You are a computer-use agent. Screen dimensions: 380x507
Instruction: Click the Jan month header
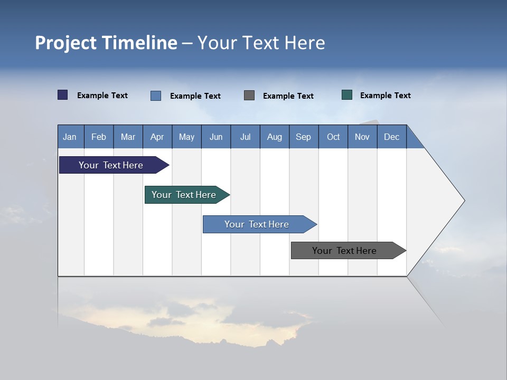pyautogui.click(x=70, y=137)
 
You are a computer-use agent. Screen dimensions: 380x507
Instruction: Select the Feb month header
pyautogui.click(x=99, y=137)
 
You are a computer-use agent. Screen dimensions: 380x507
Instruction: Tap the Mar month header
pyautogui.click(x=128, y=137)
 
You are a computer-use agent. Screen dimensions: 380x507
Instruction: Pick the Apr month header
pyautogui.click(x=157, y=137)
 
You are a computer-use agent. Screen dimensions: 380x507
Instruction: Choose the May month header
pyautogui.click(x=186, y=137)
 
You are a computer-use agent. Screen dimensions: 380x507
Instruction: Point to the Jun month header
pyautogui.click(x=216, y=137)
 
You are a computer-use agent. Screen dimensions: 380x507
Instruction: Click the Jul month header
pyautogui.click(x=246, y=137)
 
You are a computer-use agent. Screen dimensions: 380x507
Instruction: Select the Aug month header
pyautogui.click(x=275, y=137)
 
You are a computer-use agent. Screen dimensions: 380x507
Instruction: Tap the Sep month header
pyautogui.click(x=304, y=137)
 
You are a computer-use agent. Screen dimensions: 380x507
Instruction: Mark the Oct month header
pyautogui.click(x=333, y=137)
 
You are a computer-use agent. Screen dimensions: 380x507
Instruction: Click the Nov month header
pyautogui.click(x=362, y=137)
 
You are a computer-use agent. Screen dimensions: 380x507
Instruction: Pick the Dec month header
pyautogui.click(x=392, y=137)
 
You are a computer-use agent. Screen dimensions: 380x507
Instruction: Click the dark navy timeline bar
pyautogui.click(x=111, y=165)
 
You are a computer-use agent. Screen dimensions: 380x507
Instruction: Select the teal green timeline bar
pyautogui.click(x=184, y=195)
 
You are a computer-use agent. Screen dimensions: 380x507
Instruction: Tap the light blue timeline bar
pyautogui.click(x=257, y=224)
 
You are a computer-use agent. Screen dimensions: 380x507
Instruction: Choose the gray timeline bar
pyautogui.click(x=345, y=251)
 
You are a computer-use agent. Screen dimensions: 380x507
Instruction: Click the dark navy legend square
pyautogui.click(x=63, y=95)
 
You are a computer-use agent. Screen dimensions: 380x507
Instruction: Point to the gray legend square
pyautogui.click(x=249, y=95)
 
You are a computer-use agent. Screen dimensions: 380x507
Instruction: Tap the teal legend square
pyautogui.click(x=347, y=95)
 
